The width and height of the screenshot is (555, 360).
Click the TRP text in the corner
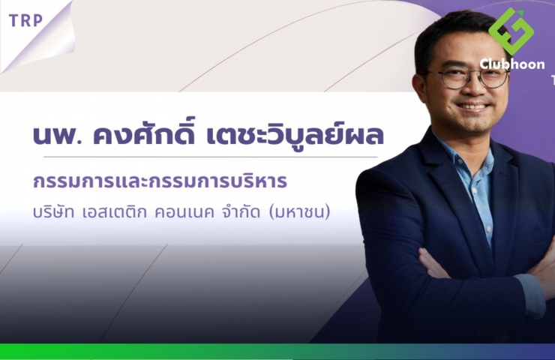[25, 20]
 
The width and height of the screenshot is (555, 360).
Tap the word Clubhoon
[512, 64]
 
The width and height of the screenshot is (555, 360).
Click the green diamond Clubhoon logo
[511, 31]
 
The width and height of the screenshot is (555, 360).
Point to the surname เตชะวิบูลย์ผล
[295, 133]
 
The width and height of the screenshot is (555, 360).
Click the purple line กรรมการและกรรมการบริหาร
[160, 181]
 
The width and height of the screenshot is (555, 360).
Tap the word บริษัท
[53, 212]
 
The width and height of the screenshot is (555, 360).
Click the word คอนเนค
[184, 212]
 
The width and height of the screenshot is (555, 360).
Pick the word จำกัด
[240, 211]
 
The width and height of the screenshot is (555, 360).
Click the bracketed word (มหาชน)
[299, 212]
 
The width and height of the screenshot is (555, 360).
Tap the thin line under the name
[211, 157]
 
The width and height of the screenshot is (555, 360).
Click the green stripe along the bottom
[277, 351]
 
